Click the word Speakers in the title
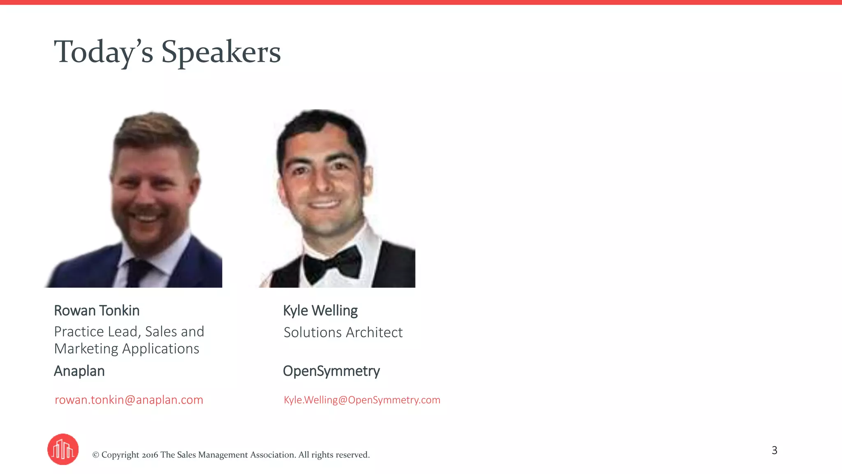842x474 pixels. [x=221, y=52]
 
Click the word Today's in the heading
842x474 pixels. [x=104, y=52]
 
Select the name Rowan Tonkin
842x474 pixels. [x=97, y=311]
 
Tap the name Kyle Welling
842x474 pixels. [x=320, y=311]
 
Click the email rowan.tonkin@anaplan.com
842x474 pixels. [x=129, y=400]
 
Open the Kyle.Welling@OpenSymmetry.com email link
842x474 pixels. [x=362, y=400]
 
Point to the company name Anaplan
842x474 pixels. [x=79, y=371]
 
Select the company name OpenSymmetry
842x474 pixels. [x=331, y=371]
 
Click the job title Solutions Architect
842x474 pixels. [x=343, y=332]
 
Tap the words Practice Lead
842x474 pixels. [x=95, y=332]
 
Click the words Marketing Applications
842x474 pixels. [x=127, y=349]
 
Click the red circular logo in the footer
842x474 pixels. [x=63, y=449]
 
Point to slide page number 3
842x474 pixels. [x=774, y=450]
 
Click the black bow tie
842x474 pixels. [x=332, y=264]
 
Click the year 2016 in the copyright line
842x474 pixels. [x=150, y=455]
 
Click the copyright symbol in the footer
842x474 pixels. [x=96, y=455]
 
